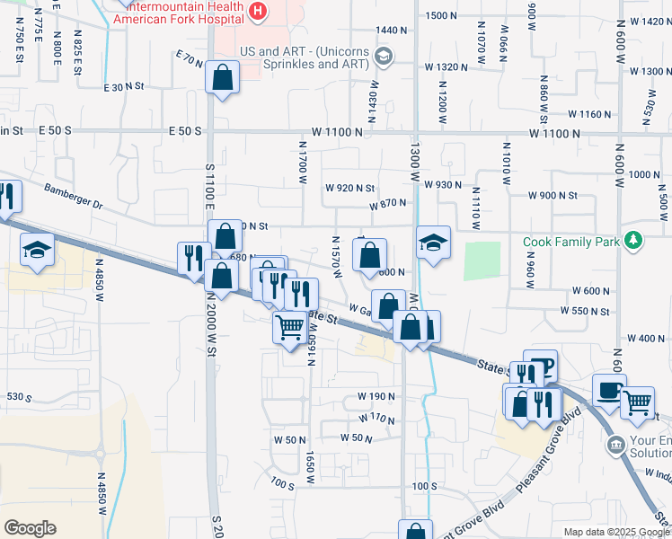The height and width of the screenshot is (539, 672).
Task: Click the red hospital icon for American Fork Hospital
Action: pos(259,12)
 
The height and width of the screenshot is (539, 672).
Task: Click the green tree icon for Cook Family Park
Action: pos(634,241)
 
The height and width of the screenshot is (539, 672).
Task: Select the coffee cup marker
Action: pos(610,392)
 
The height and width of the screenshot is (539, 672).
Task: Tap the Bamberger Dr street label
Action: pos(74,197)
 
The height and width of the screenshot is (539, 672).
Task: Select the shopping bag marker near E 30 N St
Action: pos(222,79)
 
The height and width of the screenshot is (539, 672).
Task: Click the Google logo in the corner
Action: pos(30,527)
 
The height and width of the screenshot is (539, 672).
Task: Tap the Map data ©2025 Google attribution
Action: pos(615,532)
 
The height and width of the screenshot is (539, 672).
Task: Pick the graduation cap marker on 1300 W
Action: pos(432,243)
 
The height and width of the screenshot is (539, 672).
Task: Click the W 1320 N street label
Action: pos(446,67)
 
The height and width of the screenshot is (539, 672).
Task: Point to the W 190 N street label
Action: pos(376,396)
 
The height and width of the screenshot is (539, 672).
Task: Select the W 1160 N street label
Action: pos(590,114)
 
